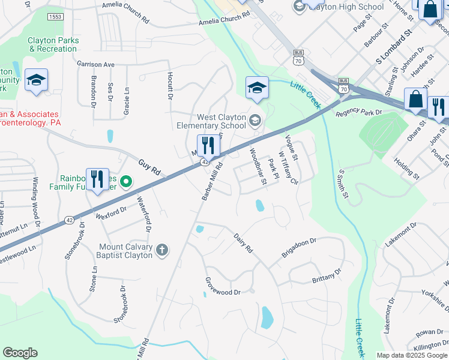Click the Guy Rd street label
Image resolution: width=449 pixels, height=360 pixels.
(x=149, y=167)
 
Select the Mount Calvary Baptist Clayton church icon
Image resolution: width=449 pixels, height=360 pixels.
(x=161, y=251)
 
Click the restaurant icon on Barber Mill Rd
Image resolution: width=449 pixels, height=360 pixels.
(x=206, y=145)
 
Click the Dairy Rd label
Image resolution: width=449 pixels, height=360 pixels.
(x=243, y=243)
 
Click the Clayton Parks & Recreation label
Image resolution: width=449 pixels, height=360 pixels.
(x=53, y=44)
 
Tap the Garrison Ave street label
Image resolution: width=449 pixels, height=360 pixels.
(x=95, y=64)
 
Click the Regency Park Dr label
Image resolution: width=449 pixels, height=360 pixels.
(x=359, y=113)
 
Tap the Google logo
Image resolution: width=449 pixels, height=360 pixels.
(x=20, y=353)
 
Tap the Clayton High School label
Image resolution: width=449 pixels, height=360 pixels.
(x=346, y=7)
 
